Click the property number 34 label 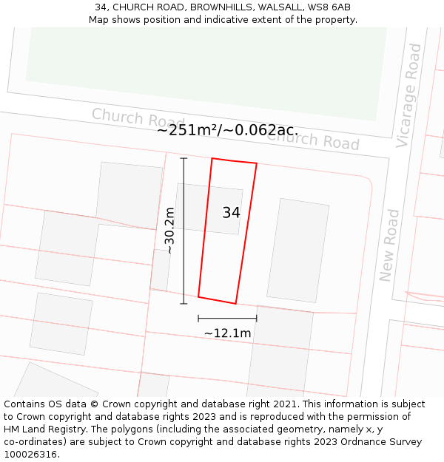[231, 213]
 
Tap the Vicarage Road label [408, 95]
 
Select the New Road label [389, 245]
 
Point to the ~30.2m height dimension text [169, 231]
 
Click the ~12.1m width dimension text [227, 333]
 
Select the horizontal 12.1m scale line [227, 319]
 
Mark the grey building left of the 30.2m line [129, 194]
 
